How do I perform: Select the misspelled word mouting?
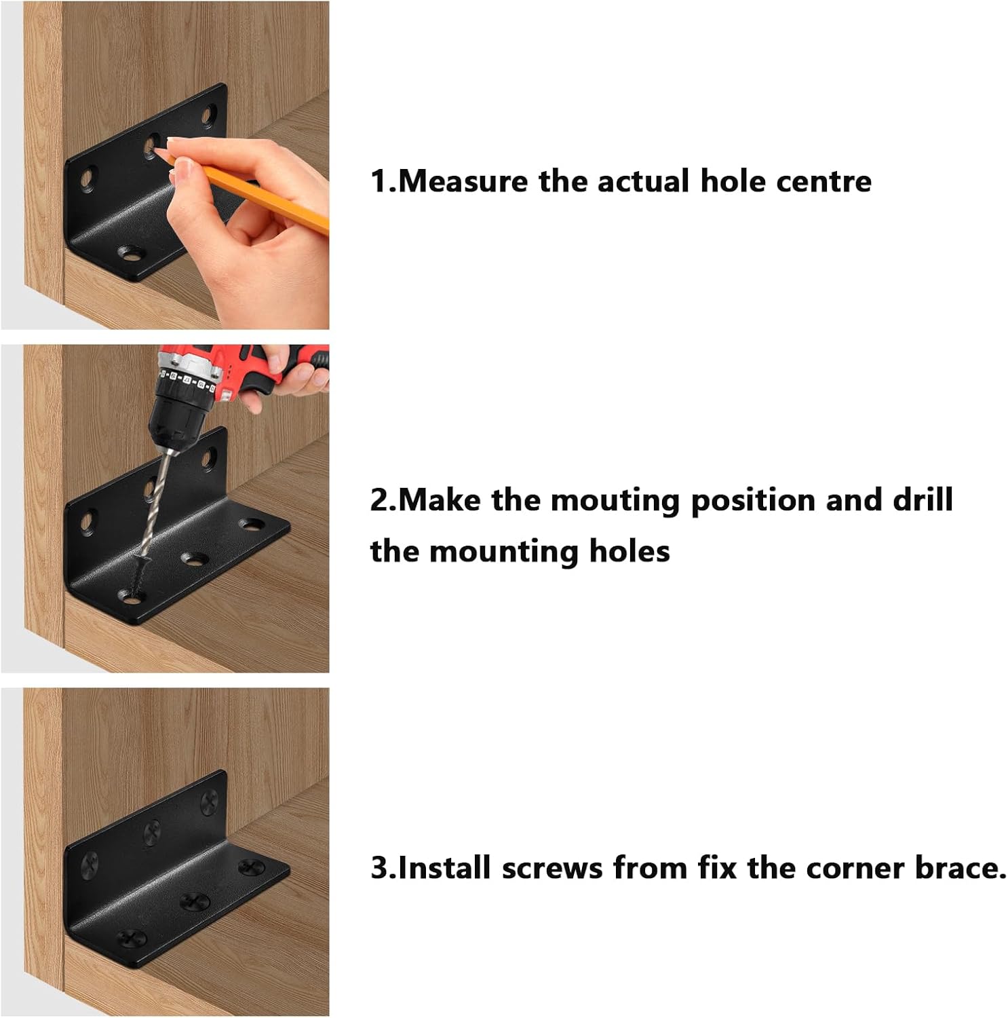point(615,500)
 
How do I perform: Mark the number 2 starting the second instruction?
point(379,500)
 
